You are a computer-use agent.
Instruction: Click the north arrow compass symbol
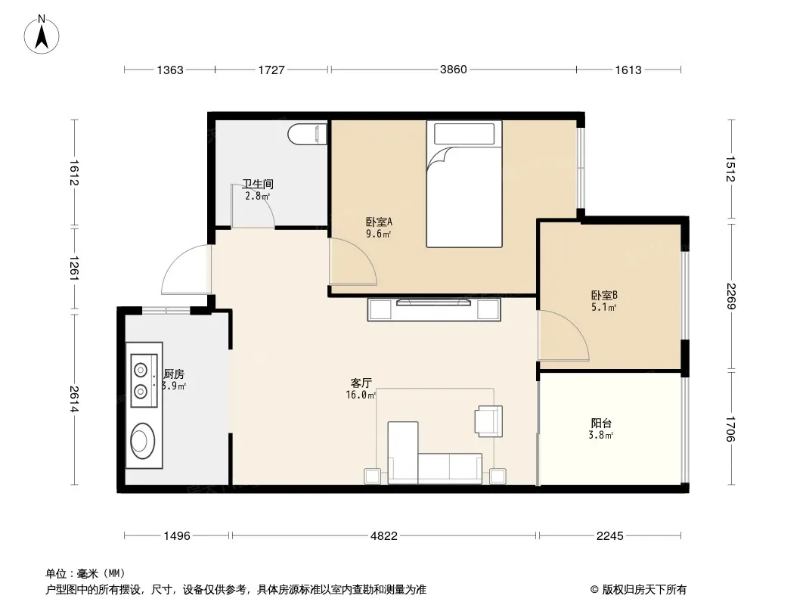tap(42, 34)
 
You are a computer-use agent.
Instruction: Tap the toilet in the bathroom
tap(308, 134)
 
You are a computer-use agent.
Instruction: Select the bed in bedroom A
tap(464, 184)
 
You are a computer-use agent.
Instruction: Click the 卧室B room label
tap(604, 295)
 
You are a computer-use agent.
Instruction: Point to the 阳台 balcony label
tap(601, 423)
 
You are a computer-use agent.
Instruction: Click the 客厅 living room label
tap(361, 383)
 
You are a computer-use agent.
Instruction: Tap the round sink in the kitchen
tap(142, 440)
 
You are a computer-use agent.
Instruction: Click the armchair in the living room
tap(489, 421)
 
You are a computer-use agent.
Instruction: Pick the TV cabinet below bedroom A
tap(434, 309)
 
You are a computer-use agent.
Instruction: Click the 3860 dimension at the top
tap(453, 70)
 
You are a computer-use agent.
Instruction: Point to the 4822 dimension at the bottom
tap(384, 535)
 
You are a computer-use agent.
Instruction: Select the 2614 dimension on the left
tap(74, 399)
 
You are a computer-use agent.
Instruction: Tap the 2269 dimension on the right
tap(731, 296)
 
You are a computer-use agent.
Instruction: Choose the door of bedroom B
tap(563, 335)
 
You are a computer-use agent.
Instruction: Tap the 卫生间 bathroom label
tap(258, 184)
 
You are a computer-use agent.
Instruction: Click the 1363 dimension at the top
tap(170, 70)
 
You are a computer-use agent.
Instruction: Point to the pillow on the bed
tap(464, 134)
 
